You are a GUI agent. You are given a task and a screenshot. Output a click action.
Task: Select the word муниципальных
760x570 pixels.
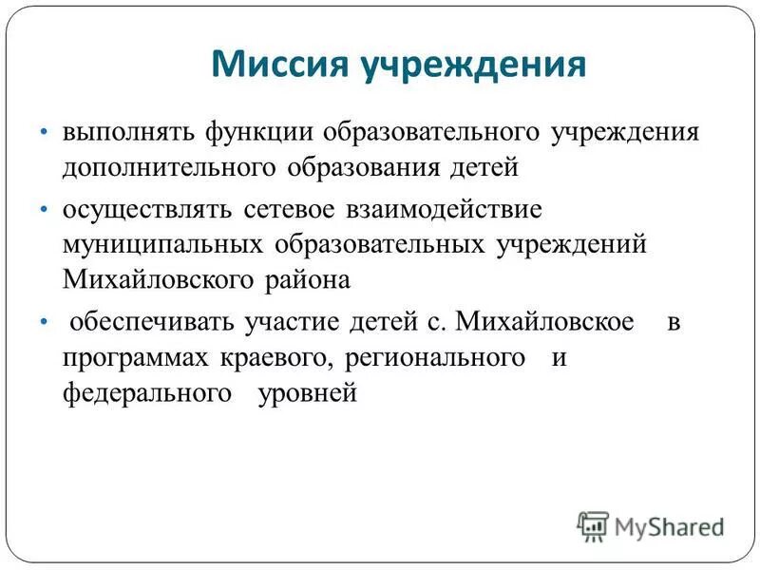tap(162, 244)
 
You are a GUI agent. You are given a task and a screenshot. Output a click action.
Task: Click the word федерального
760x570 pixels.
tap(147, 393)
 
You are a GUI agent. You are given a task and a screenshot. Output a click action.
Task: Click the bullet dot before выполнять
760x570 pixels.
tap(45, 133)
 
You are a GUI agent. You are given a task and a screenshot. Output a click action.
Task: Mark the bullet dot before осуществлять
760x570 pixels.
tap(45, 209)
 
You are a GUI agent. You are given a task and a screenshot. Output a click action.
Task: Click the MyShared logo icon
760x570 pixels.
tap(592, 525)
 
